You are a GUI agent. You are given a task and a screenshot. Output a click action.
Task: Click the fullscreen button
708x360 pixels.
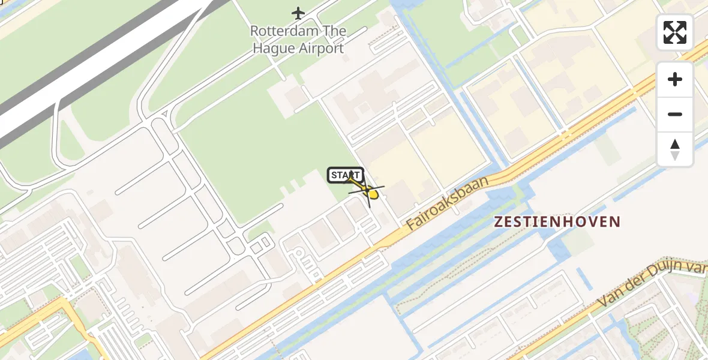coord(675,32)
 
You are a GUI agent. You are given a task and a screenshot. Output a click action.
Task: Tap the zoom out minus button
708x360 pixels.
coord(675,115)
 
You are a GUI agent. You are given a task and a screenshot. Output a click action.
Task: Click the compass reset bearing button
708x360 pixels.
coord(675,149)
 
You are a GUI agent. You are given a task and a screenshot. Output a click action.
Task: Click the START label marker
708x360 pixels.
coord(345,175)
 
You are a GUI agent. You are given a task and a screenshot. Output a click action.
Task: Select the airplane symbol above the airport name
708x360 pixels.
coord(298,13)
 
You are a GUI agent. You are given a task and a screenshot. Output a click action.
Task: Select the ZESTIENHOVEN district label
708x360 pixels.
coord(557,222)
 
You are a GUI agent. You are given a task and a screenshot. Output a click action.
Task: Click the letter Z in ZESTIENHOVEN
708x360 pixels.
coord(499,222)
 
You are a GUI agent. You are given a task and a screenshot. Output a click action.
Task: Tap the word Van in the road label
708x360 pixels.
coord(611,299)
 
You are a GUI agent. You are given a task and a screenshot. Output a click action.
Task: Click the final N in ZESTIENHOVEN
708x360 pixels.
coord(615,222)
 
